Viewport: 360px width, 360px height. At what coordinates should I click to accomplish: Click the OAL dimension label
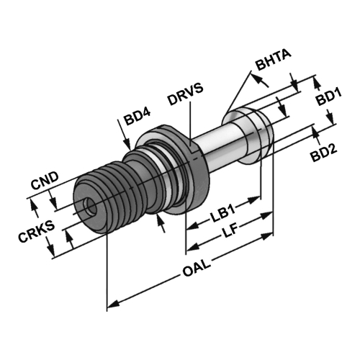(197, 268)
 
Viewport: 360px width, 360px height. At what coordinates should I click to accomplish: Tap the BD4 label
(138, 117)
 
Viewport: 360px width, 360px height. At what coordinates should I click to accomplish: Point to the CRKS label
(36, 232)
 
